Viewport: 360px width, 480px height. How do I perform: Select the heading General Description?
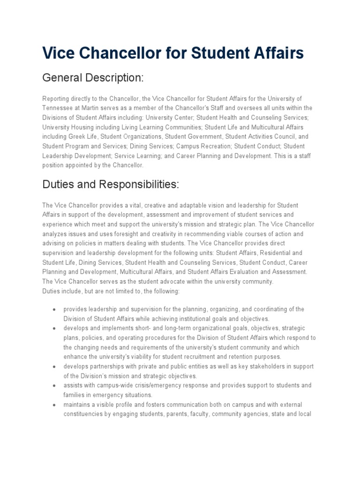92,78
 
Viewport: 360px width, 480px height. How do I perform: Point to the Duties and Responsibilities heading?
111,184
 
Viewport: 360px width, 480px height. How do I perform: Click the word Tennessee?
57,108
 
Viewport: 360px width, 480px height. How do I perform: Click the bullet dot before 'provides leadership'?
54,310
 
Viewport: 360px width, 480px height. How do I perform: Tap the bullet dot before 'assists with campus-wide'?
54,386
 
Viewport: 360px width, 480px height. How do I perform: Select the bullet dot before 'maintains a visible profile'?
54,405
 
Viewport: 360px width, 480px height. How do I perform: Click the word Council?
284,136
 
